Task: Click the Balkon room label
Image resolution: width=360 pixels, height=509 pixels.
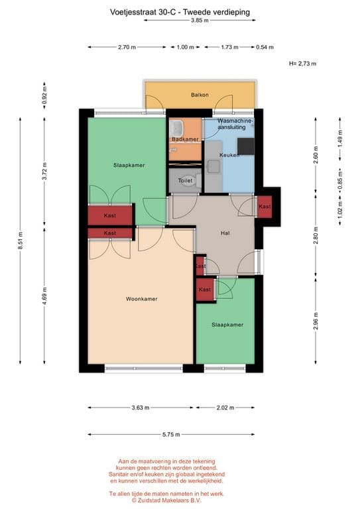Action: [x=200, y=95]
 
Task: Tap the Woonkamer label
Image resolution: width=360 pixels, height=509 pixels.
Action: [x=141, y=299]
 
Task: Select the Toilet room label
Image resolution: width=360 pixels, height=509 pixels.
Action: [x=185, y=180]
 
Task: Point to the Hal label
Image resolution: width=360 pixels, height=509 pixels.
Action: [x=225, y=233]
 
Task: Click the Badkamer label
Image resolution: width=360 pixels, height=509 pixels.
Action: [x=185, y=139]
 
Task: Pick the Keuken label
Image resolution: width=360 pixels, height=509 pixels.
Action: [x=229, y=155]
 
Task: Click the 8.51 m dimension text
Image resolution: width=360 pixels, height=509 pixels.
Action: [x=20, y=240]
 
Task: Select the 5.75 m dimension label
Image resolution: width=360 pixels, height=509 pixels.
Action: [x=171, y=434]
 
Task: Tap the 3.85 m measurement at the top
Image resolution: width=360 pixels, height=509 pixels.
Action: [x=200, y=20]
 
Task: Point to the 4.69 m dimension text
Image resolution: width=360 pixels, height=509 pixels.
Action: [x=44, y=296]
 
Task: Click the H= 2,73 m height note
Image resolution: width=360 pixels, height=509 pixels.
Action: [x=302, y=64]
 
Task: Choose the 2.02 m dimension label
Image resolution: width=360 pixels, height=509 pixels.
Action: [x=225, y=408]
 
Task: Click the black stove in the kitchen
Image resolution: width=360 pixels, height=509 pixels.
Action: [x=246, y=146]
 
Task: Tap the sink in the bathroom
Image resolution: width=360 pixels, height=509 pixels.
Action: [x=177, y=128]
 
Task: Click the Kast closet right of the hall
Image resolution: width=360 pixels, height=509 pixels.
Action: [x=265, y=207]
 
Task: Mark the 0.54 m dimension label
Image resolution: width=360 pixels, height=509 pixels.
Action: [x=265, y=47]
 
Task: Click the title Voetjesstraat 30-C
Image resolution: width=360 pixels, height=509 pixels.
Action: [x=143, y=13]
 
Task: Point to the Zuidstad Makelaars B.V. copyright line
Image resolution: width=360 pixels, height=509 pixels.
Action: [x=166, y=500]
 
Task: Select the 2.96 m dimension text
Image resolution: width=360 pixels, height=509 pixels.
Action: [x=316, y=321]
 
